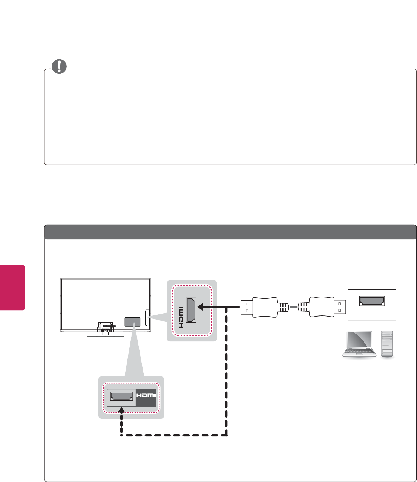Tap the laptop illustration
[359, 344]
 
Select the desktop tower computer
[387, 343]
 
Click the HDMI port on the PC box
[372, 300]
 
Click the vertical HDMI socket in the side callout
[191, 310]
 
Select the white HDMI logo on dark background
[146, 396]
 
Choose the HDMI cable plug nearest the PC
[322, 308]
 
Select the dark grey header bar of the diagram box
[230, 232]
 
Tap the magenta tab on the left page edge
[12, 288]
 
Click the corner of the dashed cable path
[226, 435]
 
